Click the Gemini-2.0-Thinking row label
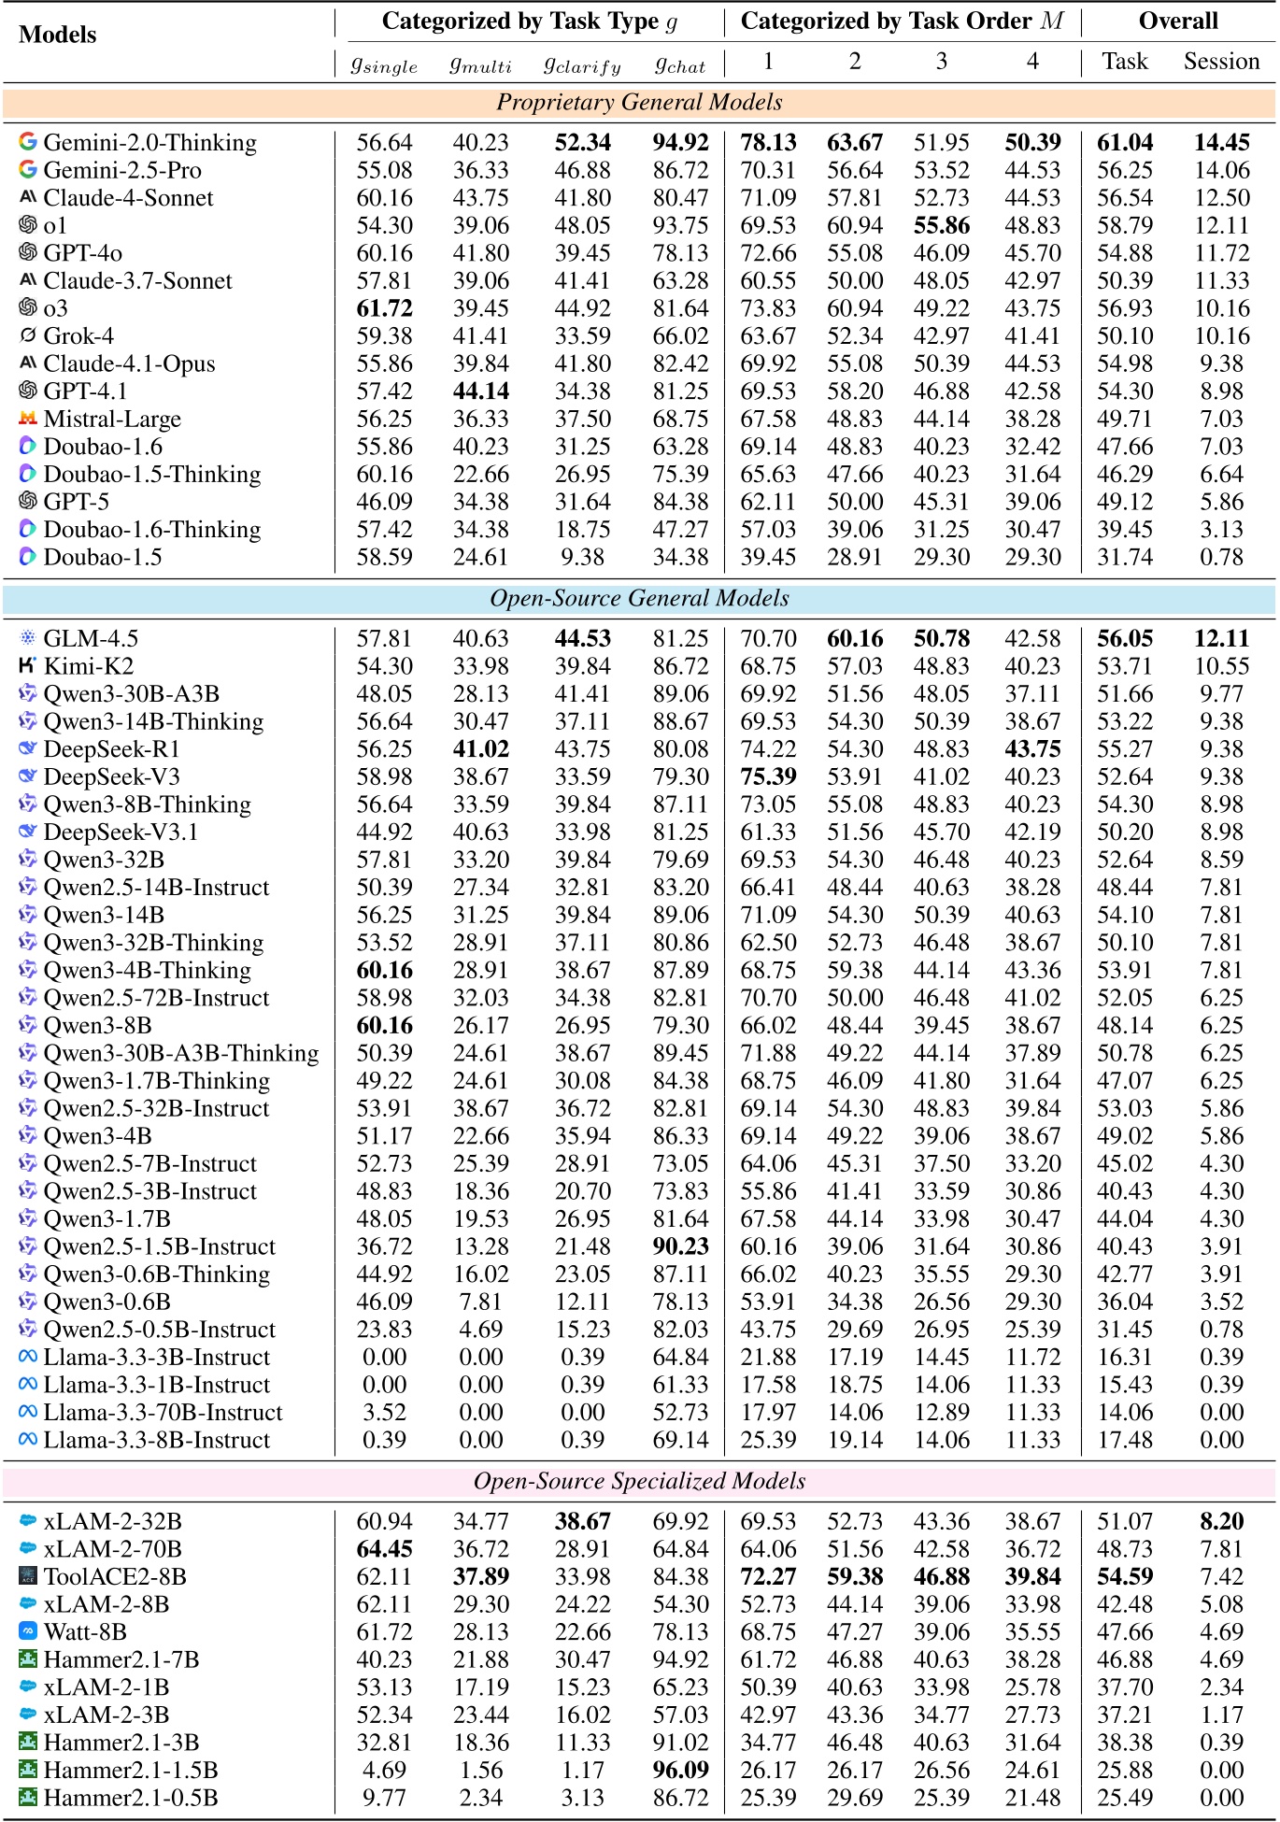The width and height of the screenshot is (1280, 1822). click(149, 143)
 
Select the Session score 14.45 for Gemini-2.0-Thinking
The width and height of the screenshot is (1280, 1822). click(1221, 143)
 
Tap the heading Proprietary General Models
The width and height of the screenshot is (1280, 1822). click(639, 103)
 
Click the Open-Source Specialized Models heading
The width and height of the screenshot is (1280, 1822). click(639, 1482)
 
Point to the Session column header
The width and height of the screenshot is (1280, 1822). click(1221, 62)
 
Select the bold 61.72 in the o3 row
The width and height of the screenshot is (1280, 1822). click(384, 309)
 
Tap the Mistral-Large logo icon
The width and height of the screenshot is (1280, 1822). click(28, 419)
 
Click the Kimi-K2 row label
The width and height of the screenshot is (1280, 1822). click(88, 666)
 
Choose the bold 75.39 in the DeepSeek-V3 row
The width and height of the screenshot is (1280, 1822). click(768, 777)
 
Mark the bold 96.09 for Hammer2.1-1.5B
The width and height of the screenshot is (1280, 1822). click(680, 1771)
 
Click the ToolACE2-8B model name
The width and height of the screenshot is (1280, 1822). click(115, 1577)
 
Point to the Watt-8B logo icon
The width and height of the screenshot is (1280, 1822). click(28, 1631)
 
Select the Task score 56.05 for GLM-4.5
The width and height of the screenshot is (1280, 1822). click(1125, 639)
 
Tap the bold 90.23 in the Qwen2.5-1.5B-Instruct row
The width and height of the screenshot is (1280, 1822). click(680, 1247)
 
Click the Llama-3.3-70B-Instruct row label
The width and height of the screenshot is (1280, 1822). click(163, 1413)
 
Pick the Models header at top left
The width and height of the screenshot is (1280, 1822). click(57, 36)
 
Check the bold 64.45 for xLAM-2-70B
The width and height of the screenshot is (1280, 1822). click(384, 1549)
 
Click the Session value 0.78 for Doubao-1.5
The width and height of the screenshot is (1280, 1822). click(1221, 558)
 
